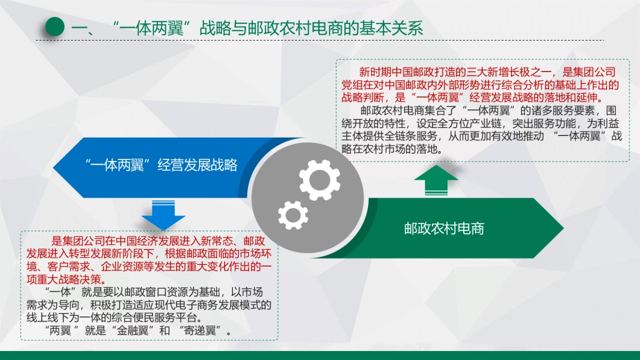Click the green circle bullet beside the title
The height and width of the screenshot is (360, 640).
click(x=54, y=27)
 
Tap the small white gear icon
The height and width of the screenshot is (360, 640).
click(x=293, y=215)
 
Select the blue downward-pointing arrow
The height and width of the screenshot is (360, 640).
click(x=163, y=214)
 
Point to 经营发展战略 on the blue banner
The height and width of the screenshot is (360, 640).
click(x=197, y=165)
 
